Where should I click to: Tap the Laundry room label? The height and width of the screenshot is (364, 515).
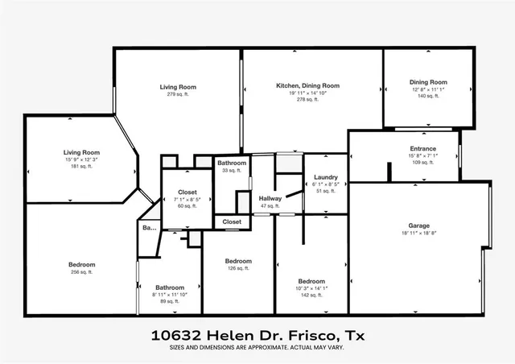[326, 177]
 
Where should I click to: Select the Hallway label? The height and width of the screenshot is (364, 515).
[270, 199]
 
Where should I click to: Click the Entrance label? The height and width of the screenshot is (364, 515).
[422, 150]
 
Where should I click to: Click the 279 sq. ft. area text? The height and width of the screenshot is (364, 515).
[178, 94]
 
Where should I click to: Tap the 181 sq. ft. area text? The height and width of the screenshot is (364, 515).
[81, 167]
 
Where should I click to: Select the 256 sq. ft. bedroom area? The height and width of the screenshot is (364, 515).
[81, 272]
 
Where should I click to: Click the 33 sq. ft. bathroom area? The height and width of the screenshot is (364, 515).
[232, 170]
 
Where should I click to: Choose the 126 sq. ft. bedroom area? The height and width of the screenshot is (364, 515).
[238, 268]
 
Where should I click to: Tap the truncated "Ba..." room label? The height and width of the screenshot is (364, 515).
[149, 229]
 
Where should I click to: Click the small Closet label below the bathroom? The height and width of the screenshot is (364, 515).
[232, 221]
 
